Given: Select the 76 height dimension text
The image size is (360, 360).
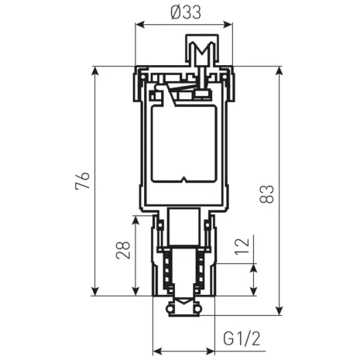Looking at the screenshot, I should [86, 180].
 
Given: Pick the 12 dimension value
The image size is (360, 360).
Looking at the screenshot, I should [242, 248].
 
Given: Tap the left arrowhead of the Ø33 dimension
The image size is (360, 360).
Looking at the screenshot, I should [140, 24].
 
